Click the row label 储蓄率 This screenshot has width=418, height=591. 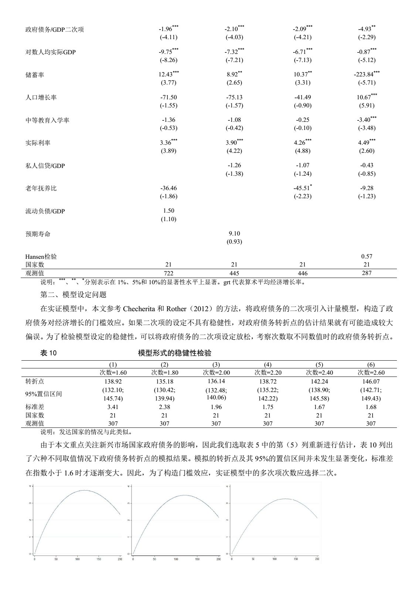tap(35, 75)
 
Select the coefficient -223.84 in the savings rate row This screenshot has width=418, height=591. tap(364, 75)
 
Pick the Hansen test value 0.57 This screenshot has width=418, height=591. tap(367, 256)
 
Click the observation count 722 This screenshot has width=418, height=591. tap(169, 273)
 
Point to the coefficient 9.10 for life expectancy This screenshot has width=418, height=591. tap(234, 233)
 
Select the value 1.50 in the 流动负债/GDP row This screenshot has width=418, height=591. tap(169, 210)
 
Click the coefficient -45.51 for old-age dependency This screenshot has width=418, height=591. tap(301, 188)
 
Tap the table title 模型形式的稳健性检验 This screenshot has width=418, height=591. tap(174, 353)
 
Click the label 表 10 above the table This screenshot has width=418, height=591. tap(48, 353)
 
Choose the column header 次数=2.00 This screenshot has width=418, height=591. tap(216, 372)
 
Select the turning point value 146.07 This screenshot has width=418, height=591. tap(371, 382)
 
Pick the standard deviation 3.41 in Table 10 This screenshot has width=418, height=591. tap(113, 407)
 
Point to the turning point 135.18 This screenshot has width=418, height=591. tap(164, 382)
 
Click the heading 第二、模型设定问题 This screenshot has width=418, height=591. tap(73, 295)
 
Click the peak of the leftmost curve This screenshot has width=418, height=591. tap(85, 490)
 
